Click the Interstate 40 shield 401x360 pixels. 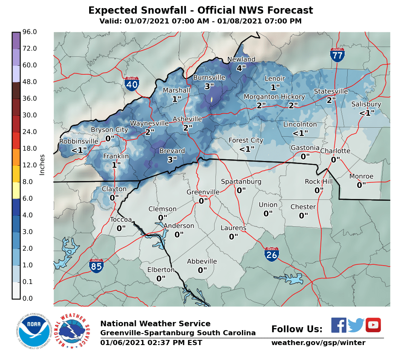(x=132, y=84)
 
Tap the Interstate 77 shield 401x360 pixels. (x=337, y=55)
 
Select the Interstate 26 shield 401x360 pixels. (x=272, y=255)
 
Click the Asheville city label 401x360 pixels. (x=187, y=119)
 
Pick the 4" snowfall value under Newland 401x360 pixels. (x=241, y=68)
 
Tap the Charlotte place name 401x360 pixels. (x=335, y=151)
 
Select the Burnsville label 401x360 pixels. (x=209, y=77)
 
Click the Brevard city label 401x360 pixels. (x=172, y=151)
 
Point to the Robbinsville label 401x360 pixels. (x=79, y=141)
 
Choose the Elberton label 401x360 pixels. (x=161, y=269)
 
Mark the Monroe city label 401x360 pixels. (x=361, y=176)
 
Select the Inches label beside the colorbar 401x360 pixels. (x=42, y=165)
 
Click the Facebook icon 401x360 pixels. (x=339, y=325)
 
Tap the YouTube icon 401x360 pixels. (x=373, y=325)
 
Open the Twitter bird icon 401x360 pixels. (x=355, y=325)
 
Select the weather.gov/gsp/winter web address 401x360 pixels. (x=318, y=343)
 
